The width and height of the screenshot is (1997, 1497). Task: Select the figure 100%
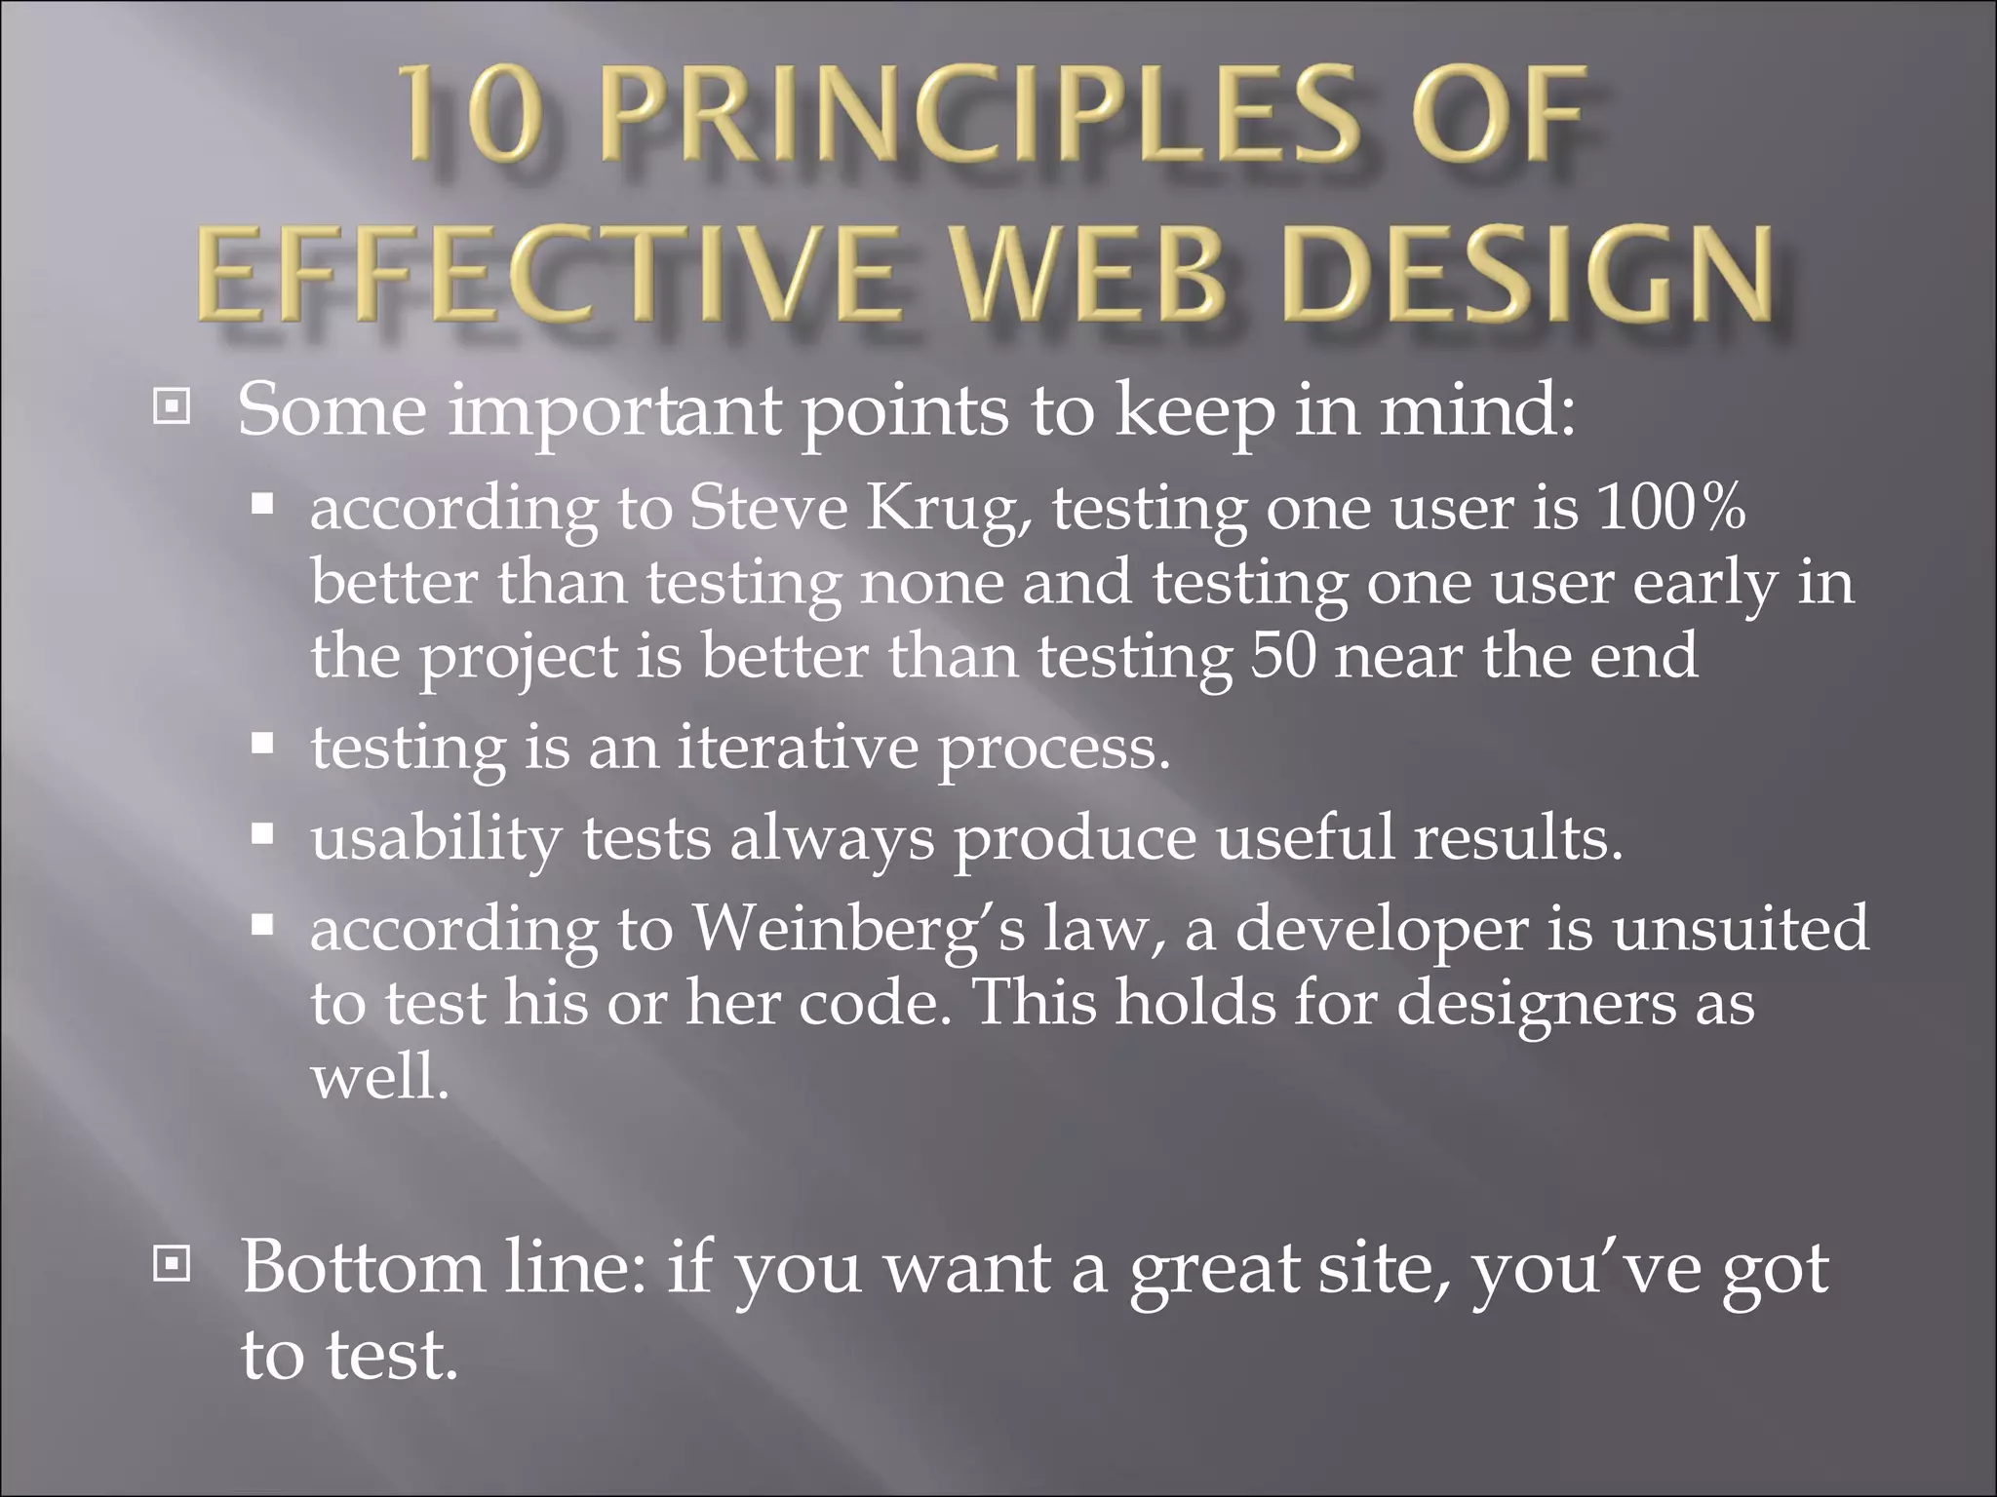1670,507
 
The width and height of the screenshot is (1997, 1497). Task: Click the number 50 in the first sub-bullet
1283,655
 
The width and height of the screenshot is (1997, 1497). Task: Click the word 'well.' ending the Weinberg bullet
379,1078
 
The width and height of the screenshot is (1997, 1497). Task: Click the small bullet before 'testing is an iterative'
261,746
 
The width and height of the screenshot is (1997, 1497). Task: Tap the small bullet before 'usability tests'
261,835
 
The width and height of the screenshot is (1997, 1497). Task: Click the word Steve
768,507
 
